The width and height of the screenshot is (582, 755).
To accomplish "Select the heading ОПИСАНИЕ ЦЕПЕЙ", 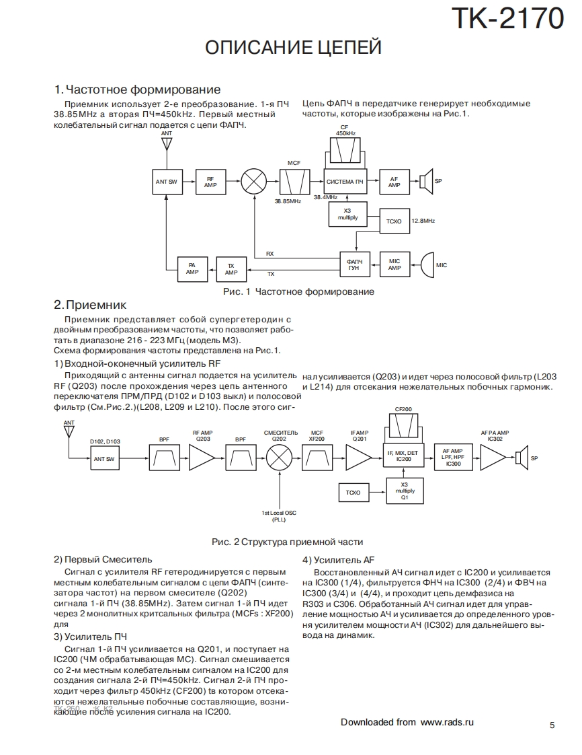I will point(293,48).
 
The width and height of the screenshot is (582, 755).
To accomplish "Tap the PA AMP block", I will point(192,269).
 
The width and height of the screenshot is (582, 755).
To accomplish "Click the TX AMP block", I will point(231,269).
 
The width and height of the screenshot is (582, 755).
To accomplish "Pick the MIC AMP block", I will point(394,264).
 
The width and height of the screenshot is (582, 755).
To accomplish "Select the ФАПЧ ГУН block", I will point(354,264).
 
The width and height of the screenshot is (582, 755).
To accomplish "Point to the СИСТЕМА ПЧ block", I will point(345,182).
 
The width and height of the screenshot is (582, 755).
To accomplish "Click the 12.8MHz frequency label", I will point(423,221).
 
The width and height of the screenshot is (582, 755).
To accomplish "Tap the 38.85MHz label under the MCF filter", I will point(287,201).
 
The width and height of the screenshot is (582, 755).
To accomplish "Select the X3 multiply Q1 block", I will point(404,491).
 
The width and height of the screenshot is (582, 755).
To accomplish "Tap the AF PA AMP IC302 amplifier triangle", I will point(495,458).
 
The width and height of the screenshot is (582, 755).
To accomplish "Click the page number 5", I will point(552,725).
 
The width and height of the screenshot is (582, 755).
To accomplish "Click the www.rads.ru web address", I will point(447,722).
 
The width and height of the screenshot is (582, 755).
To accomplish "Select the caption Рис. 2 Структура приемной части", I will point(288,542).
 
